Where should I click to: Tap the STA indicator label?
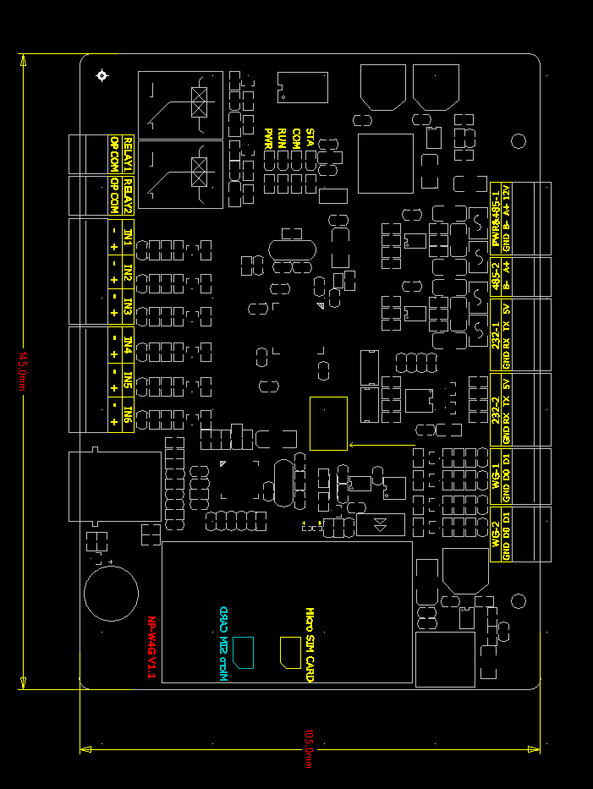pyautogui.click(x=310, y=138)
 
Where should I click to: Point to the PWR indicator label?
pyautogui.click(x=268, y=138)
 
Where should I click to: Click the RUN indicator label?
pyautogui.click(x=283, y=138)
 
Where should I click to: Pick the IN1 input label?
pyautogui.click(x=128, y=236)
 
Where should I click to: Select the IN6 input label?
pyautogui.click(x=128, y=414)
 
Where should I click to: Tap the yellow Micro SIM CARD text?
pyautogui.click(x=310, y=645)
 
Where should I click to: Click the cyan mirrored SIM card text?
pyautogui.click(x=223, y=645)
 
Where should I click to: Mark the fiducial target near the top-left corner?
pyautogui.click(x=102, y=76)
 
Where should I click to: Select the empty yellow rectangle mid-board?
pyautogui.click(x=328, y=423)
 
